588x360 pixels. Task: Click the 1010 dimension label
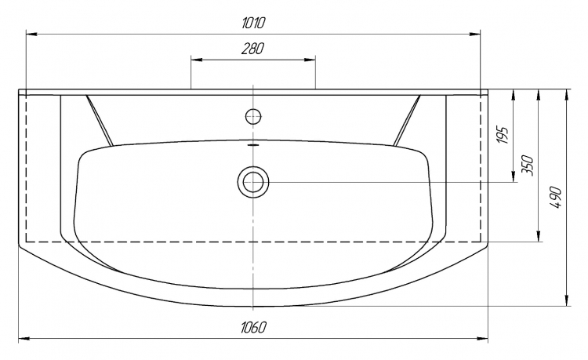[x=253, y=23]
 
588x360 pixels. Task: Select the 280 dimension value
[x=252, y=49]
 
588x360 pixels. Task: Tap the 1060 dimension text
[x=253, y=327]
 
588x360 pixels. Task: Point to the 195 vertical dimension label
[x=503, y=135]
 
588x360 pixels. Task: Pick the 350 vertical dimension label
[x=528, y=165]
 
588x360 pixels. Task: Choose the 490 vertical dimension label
[x=556, y=197]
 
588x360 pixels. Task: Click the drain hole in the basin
[x=253, y=182]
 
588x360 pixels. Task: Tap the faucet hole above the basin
[x=253, y=116]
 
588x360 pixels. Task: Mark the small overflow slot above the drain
[x=253, y=144]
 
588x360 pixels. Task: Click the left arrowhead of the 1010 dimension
[x=31, y=35]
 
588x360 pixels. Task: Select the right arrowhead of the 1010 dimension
[x=475, y=35]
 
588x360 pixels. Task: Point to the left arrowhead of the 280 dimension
[x=197, y=60]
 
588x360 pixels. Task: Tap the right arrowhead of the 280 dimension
[x=310, y=60]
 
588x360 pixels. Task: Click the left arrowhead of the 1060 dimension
[x=24, y=339]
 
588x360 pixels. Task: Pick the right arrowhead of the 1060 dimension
[x=482, y=339]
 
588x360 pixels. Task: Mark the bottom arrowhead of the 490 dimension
[x=567, y=300]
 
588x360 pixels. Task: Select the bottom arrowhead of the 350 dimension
[x=539, y=236]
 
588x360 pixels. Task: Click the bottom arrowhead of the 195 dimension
[x=513, y=176]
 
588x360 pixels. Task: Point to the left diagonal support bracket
[x=100, y=120]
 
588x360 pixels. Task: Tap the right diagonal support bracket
[x=407, y=120]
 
